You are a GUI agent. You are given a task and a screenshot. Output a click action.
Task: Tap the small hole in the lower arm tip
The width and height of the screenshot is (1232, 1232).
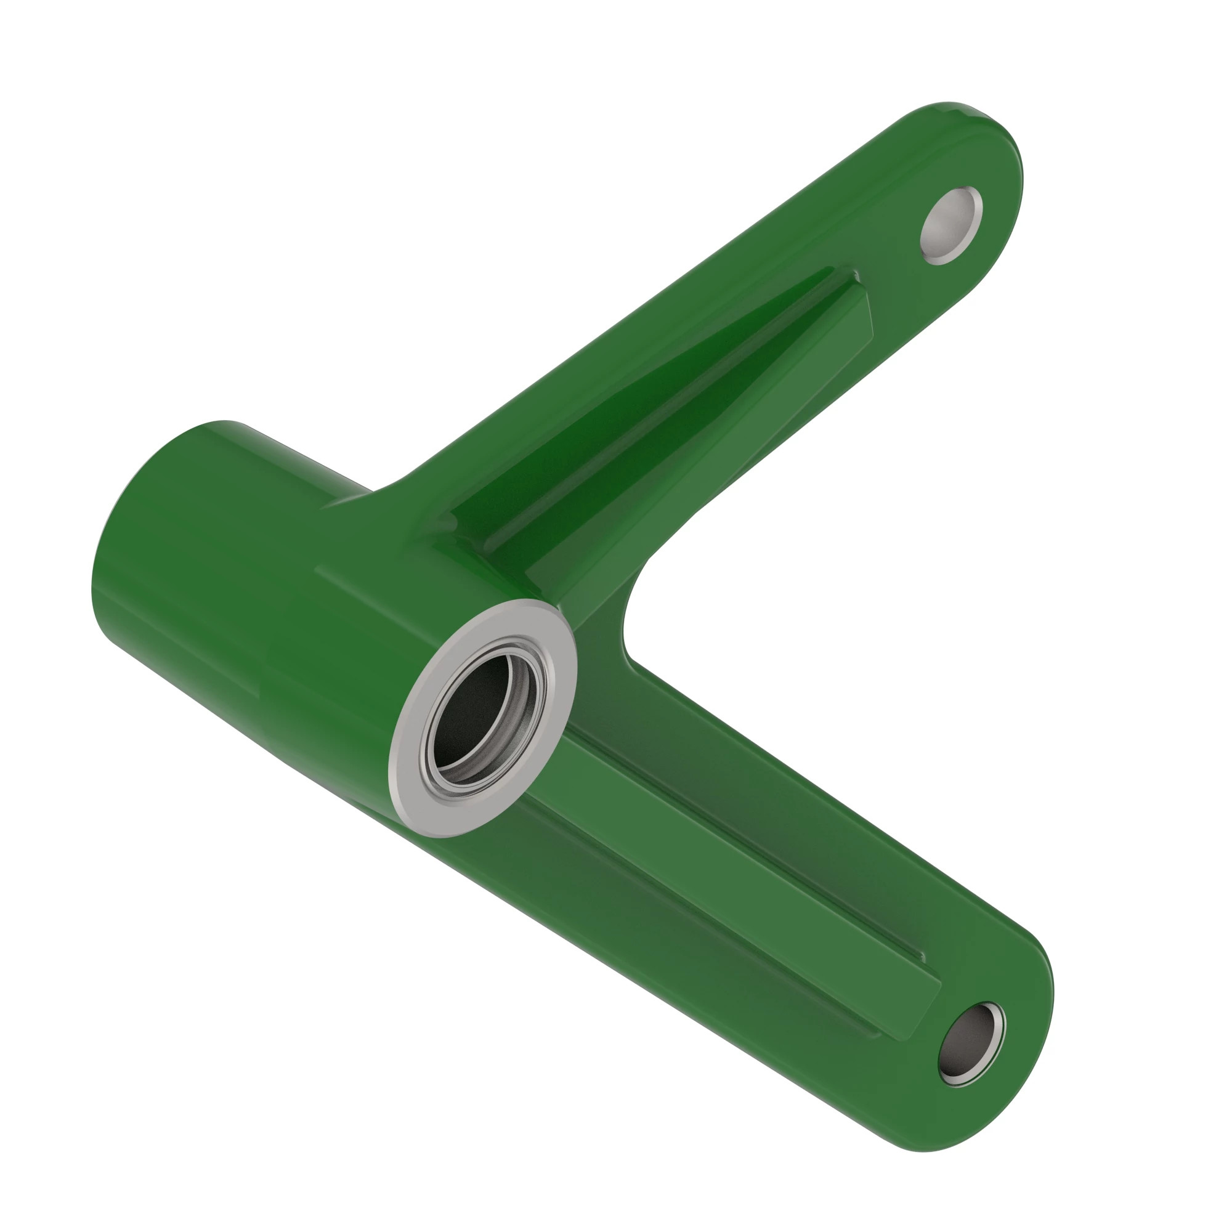[968, 1044]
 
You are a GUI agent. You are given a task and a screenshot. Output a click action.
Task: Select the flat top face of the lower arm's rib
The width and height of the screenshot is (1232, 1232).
[733, 873]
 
